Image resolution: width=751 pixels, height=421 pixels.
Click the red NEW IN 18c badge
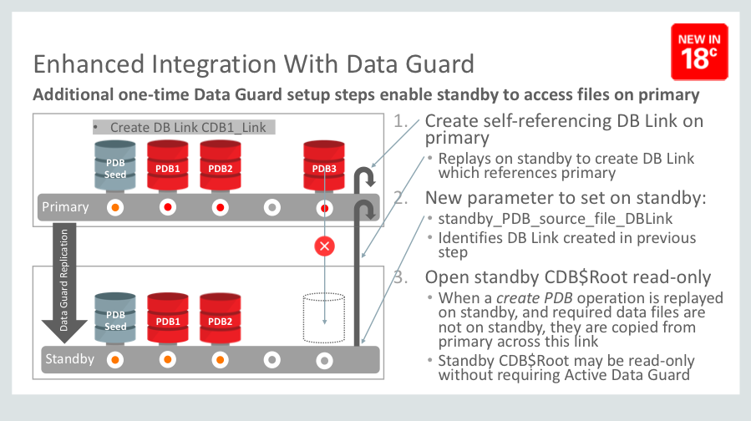[699, 51]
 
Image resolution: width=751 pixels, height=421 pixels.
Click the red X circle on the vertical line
[323, 246]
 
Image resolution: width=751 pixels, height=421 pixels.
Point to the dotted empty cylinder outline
[324, 317]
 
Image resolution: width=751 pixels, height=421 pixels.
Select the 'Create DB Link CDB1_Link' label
[185, 128]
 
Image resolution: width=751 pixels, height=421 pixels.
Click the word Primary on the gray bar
[65, 206]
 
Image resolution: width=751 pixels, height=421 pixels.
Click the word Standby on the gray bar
[69, 359]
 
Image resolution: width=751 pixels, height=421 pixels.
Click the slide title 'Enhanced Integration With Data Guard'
[253, 64]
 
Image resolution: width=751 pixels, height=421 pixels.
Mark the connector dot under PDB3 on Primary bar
[324, 207]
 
